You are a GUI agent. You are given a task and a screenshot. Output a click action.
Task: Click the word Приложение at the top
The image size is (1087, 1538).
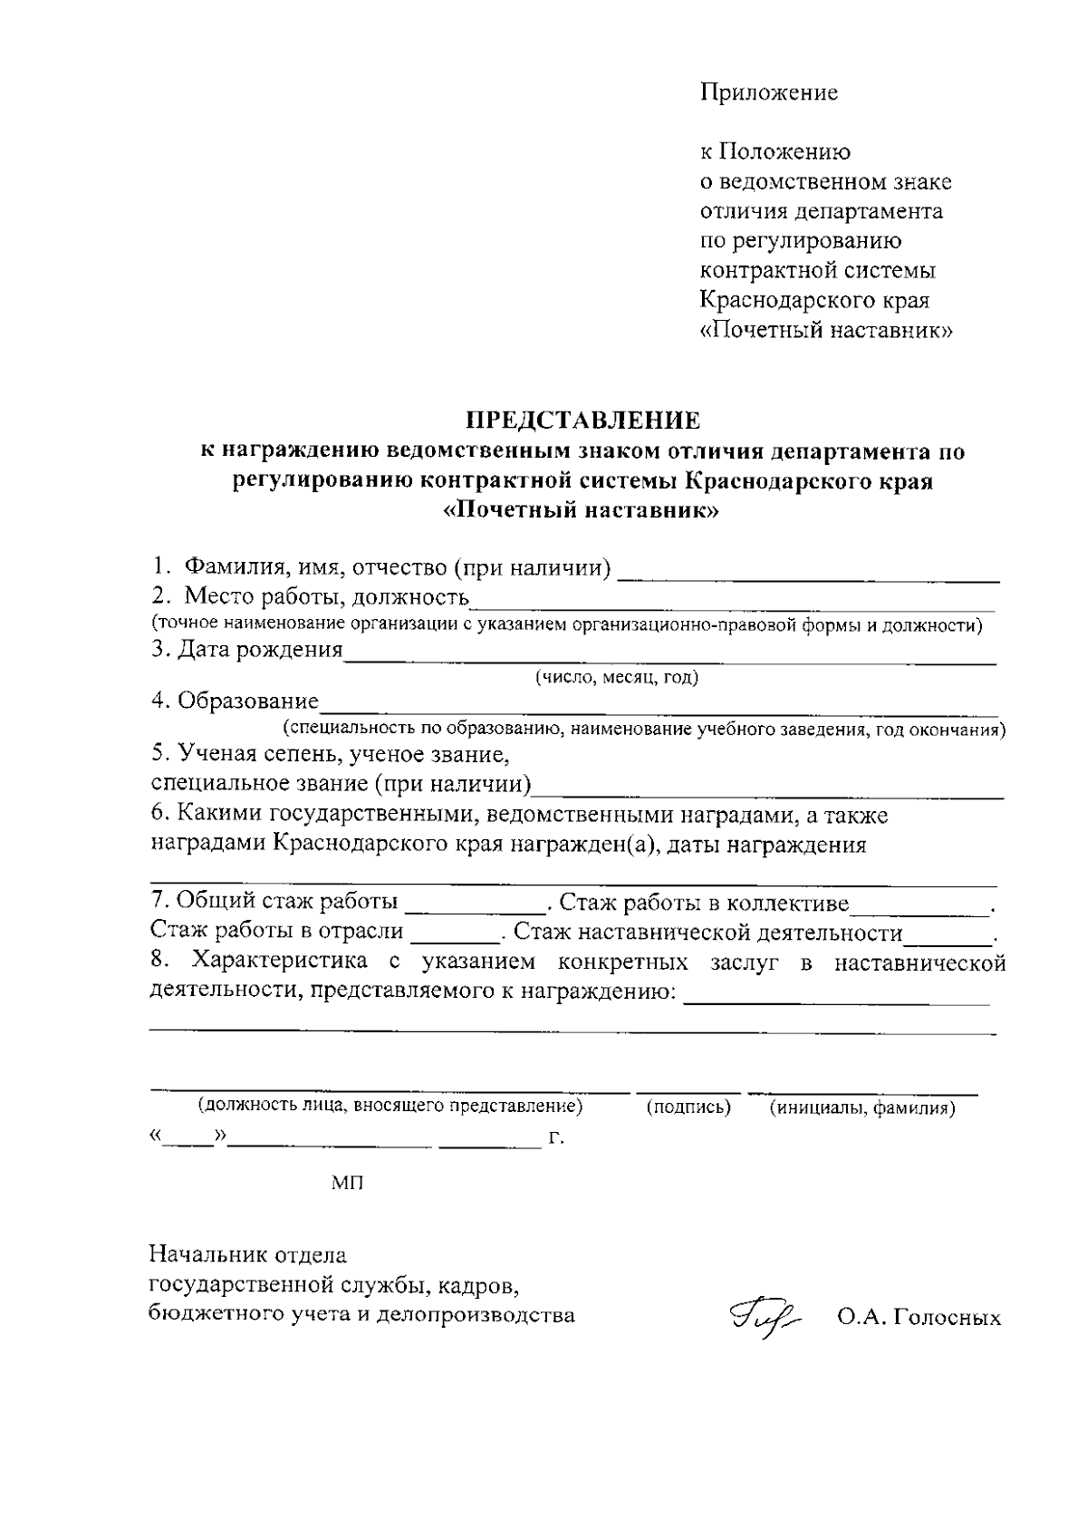tap(768, 92)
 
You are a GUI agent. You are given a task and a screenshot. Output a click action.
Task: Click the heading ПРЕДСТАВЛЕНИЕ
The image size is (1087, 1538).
tap(582, 421)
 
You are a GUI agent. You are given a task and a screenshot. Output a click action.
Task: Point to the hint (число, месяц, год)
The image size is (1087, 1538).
tap(616, 677)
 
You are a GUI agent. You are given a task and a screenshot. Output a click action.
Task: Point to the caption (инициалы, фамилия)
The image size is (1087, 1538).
tap(862, 1108)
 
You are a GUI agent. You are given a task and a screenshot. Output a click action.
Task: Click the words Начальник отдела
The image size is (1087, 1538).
tap(248, 1256)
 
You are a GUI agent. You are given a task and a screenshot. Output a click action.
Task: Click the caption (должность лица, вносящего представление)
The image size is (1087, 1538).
tap(390, 1106)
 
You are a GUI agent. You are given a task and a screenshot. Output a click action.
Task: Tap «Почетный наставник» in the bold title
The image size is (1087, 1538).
tap(582, 509)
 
